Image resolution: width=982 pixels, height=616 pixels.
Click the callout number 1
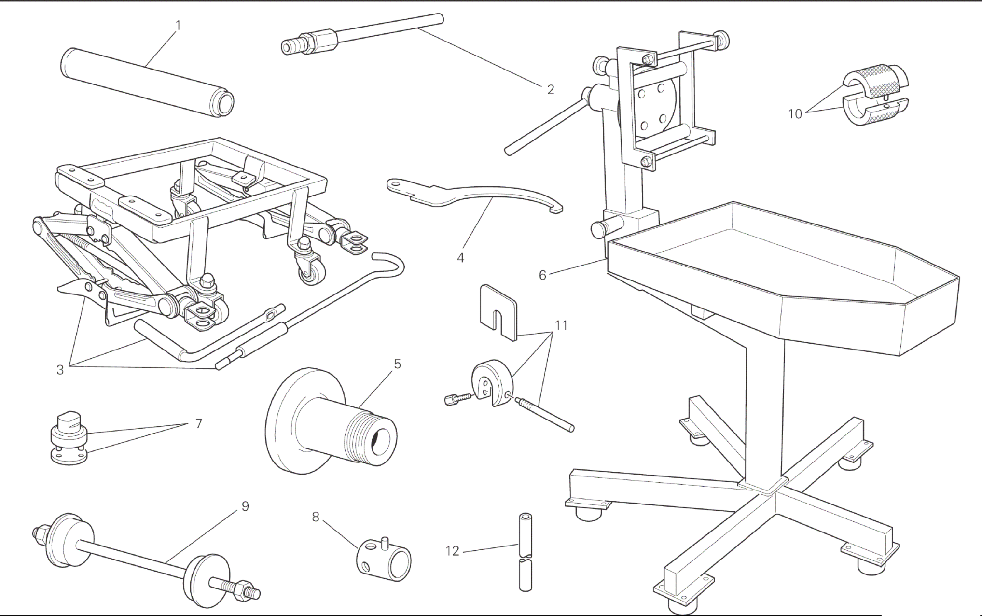tap(178, 25)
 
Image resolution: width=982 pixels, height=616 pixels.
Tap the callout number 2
tap(551, 90)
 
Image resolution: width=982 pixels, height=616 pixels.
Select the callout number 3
tap(60, 370)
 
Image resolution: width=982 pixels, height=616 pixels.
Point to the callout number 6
tap(542, 275)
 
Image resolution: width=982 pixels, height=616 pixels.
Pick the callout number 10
tap(795, 114)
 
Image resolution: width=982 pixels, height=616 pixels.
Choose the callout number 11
tap(561, 326)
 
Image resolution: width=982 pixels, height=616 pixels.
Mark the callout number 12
tap(452, 551)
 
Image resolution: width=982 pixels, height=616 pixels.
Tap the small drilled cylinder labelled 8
tap(384, 559)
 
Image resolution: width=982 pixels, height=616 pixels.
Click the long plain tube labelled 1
tap(148, 82)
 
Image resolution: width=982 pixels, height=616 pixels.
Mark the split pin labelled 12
tap(526, 552)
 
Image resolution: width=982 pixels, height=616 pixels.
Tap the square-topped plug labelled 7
tap(69, 438)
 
